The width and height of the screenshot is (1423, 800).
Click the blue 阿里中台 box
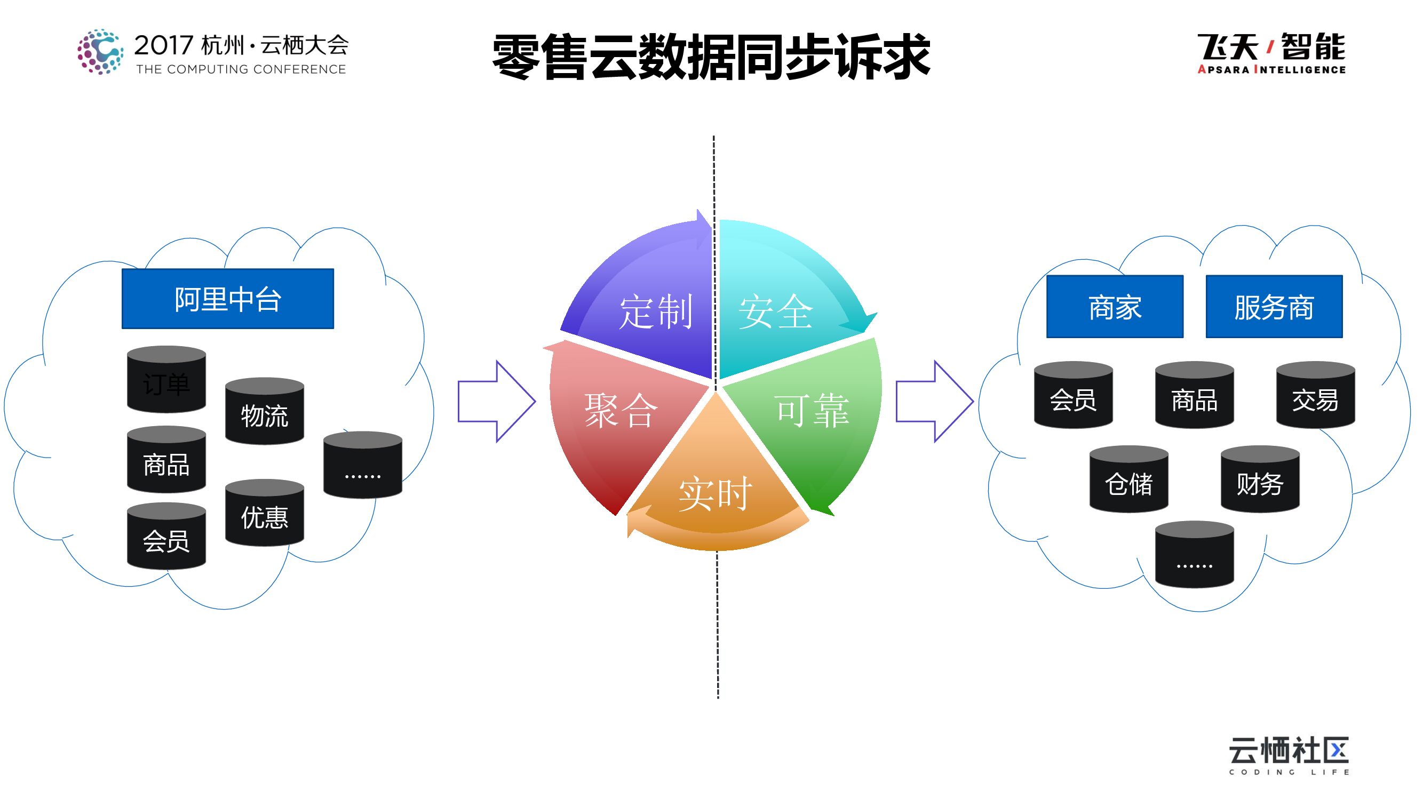click(x=228, y=299)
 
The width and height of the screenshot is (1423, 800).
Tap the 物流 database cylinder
click(x=264, y=412)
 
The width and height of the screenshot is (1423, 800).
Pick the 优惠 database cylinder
click(x=264, y=514)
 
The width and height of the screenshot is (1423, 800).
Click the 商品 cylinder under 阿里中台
click(x=166, y=460)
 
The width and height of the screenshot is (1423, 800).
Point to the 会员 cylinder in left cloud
click(x=166, y=537)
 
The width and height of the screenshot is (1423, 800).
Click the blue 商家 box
click(x=1114, y=307)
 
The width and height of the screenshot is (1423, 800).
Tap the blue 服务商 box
click(x=1273, y=307)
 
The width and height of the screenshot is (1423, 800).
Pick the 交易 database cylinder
click(x=1315, y=396)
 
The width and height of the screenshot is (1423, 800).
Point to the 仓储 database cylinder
click(x=1128, y=480)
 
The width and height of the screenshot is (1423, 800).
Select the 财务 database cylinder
click(x=1260, y=480)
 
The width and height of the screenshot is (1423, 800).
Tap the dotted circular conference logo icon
click(x=100, y=52)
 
